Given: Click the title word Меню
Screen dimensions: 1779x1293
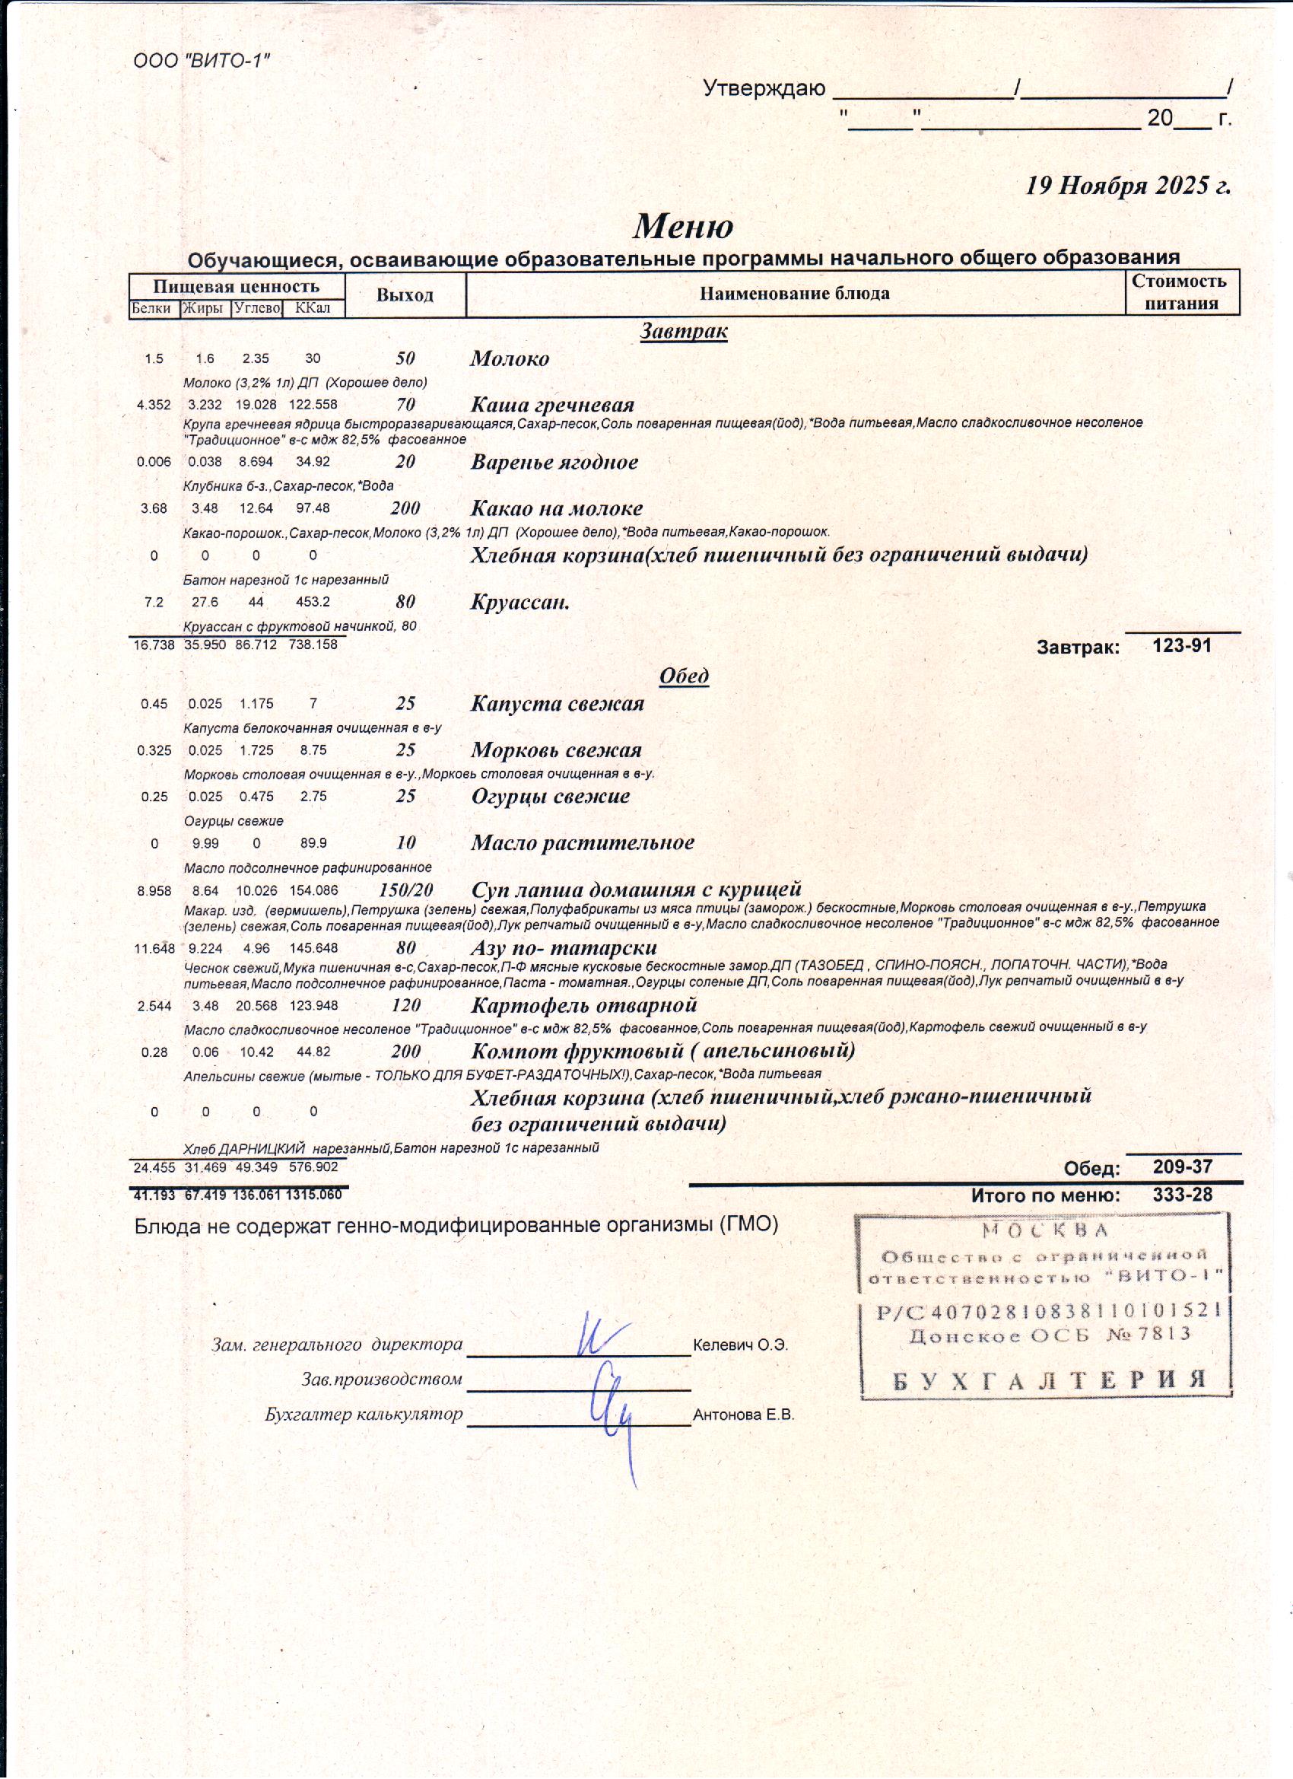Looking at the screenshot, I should click(x=683, y=226).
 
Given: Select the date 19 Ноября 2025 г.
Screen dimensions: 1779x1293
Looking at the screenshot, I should click(x=1129, y=185).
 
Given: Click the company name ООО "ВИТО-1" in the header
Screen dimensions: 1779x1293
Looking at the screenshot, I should click(x=202, y=61).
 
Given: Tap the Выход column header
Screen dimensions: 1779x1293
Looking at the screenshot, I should click(x=405, y=295).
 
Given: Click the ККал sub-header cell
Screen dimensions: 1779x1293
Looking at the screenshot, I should click(x=313, y=308).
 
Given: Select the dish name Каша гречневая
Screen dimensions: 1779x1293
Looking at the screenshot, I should click(x=552, y=405).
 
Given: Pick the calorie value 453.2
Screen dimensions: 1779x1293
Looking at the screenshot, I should click(x=313, y=603).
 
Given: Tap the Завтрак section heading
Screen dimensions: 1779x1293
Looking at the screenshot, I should click(x=683, y=331).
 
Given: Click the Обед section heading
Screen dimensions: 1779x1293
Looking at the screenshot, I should click(x=684, y=676).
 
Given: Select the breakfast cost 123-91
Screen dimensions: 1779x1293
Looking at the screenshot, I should click(x=1182, y=645).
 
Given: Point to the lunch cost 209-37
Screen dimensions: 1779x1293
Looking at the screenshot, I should click(x=1183, y=1166).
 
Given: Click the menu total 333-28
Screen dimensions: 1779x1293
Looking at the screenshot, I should click(x=1183, y=1195).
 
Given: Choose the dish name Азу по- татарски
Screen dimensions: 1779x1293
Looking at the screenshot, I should click(x=564, y=947).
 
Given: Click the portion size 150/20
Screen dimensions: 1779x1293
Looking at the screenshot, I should click(x=405, y=890).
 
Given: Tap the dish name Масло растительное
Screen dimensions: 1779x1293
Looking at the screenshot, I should click(x=583, y=843).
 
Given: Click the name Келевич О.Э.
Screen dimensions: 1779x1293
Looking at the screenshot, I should click(x=740, y=1345).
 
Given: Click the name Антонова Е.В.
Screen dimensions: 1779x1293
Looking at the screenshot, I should click(x=743, y=1415).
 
